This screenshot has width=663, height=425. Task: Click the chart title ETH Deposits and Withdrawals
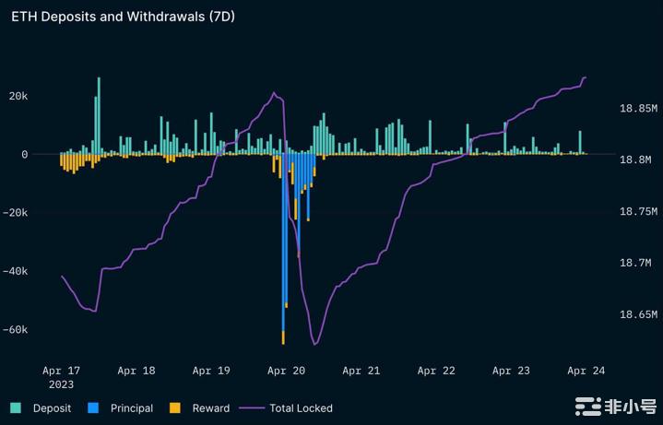pyautogui.click(x=123, y=18)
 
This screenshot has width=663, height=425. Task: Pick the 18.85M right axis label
pyautogui.click(x=637, y=108)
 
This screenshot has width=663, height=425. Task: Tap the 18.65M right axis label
pyautogui.click(x=637, y=314)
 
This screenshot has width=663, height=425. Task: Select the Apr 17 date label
pyautogui.click(x=61, y=371)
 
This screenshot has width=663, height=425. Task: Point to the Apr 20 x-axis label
pyautogui.click(x=286, y=371)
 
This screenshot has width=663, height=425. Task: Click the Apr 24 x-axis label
pyautogui.click(x=586, y=371)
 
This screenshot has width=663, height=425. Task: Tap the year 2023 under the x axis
pyautogui.click(x=61, y=384)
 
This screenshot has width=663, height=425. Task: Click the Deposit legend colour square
pyautogui.click(x=16, y=407)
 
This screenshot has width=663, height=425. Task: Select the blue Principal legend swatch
pyautogui.click(x=93, y=407)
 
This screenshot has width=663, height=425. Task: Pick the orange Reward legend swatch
pyautogui.click(x=175, y=407)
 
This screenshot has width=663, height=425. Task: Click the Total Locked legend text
pyautogui.click(x=302, y=407)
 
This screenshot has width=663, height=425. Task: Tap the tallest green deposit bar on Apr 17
pyautogui.click(x=99, y=115)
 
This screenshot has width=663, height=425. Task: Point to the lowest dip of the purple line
pyautogui.click(x=314, y=344)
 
